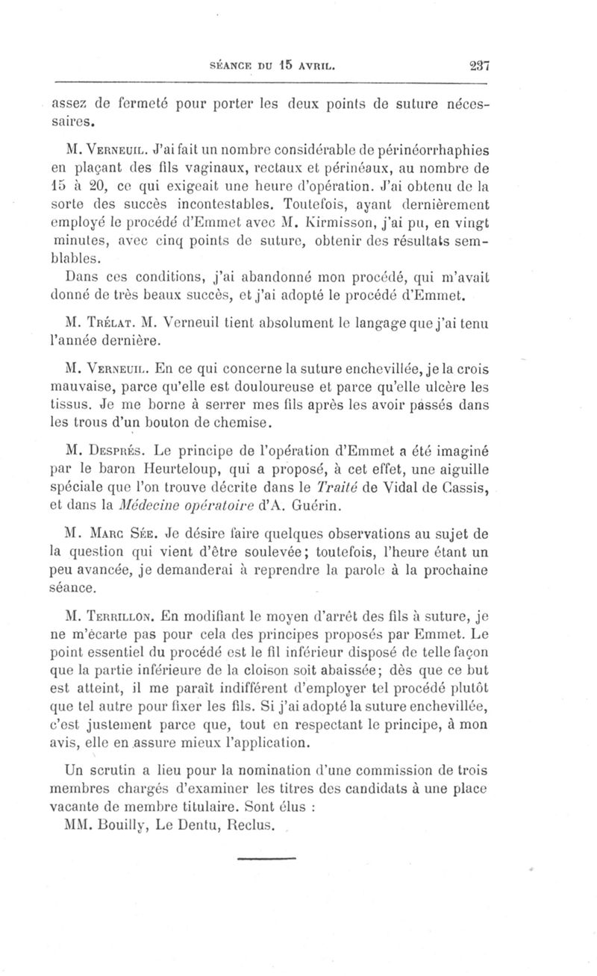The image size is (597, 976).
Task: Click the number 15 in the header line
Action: [x=306, y=65]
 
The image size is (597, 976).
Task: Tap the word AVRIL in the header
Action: [x=334, y=65]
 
